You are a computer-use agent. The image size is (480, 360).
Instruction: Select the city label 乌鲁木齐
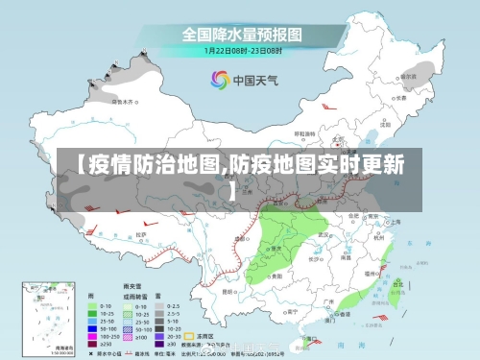[x=122, y=100]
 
